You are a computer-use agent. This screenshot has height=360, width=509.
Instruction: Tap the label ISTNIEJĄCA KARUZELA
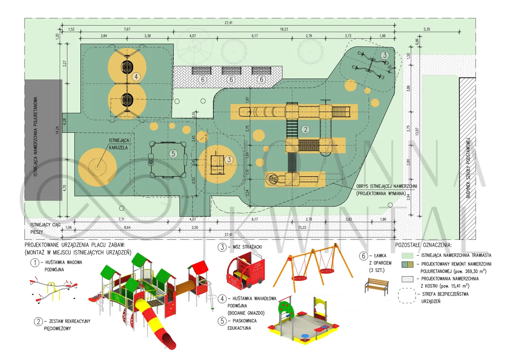tap(122, 144)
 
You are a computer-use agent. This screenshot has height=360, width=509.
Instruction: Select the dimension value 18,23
tap(284, 29)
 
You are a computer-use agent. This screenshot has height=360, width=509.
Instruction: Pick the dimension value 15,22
tap(302, 227)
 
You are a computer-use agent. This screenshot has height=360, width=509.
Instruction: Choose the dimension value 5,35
tap(427, 29)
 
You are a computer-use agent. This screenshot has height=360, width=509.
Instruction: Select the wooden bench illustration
tap(376, 286)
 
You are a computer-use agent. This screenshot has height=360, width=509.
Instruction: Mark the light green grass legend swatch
tap(407, 255)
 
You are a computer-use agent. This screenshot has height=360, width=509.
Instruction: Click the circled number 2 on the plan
tap(305, 129)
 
